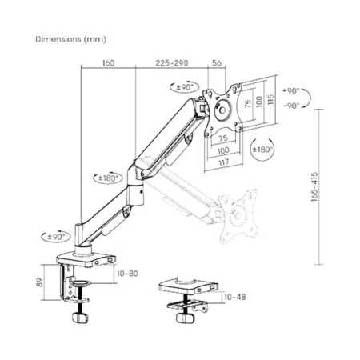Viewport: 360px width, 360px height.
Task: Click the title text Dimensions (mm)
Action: tap(71, 38)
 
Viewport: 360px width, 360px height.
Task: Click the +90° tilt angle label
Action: tap(294, 92)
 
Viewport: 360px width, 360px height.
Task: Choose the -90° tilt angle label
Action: tap(294, 105)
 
